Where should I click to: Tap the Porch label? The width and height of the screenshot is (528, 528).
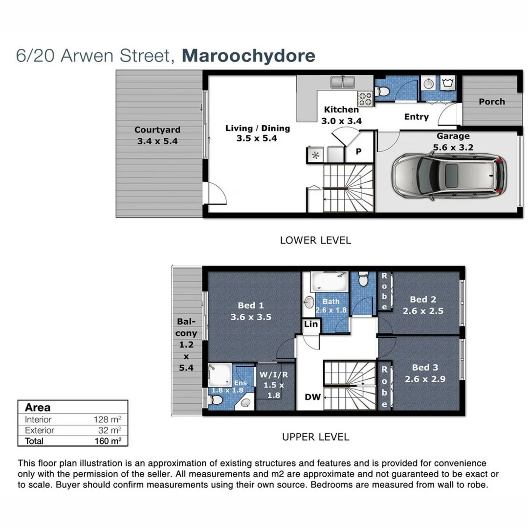pos(491,102)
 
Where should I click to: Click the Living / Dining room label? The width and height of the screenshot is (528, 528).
pos(257,133)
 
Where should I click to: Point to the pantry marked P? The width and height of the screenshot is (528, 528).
pos(358,152)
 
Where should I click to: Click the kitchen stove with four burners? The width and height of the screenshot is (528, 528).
pos(365,99)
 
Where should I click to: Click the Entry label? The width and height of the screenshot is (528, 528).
pos(416,117)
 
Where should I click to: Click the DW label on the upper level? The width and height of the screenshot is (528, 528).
pos(312,397)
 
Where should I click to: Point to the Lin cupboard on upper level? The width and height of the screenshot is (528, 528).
pos(310,324)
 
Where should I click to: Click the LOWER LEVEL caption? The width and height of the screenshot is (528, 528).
pos(315,240)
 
